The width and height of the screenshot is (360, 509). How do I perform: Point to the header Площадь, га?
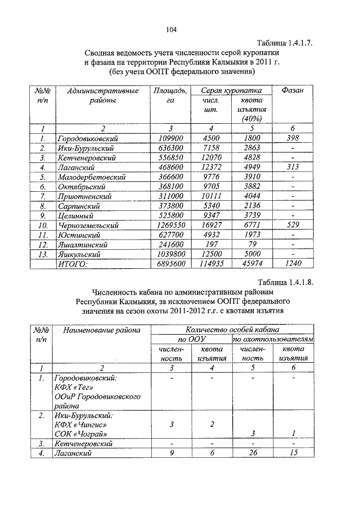170,96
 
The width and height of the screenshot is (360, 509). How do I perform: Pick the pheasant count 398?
292,139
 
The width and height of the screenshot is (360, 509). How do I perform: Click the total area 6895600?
170,263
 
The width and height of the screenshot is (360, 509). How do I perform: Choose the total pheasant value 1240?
292,263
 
